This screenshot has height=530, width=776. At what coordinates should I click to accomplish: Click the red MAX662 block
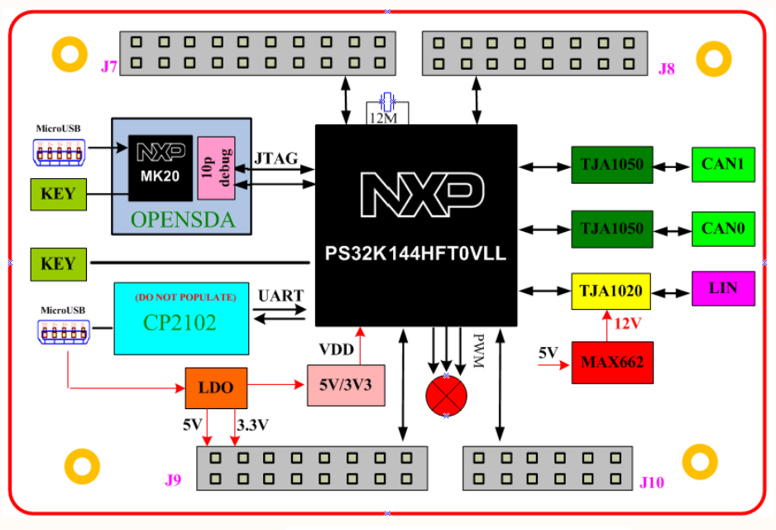click(612, 362)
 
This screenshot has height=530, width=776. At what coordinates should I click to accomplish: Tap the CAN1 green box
click(723, 165)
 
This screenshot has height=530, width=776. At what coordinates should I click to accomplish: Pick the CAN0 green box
click(723, 228)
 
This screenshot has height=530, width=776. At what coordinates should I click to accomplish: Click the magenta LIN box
click(723, 287)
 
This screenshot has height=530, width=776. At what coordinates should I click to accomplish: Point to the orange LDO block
click(215, 388)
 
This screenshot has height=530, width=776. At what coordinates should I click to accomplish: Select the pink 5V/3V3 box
click(347, 384)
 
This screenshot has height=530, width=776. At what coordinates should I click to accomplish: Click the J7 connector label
click(109, 66)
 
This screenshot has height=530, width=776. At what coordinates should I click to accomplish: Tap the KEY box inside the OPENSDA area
click(58, 195)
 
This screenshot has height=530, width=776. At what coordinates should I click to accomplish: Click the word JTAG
click(277, 158)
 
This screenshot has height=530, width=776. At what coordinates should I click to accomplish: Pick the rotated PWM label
click(478, 351)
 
